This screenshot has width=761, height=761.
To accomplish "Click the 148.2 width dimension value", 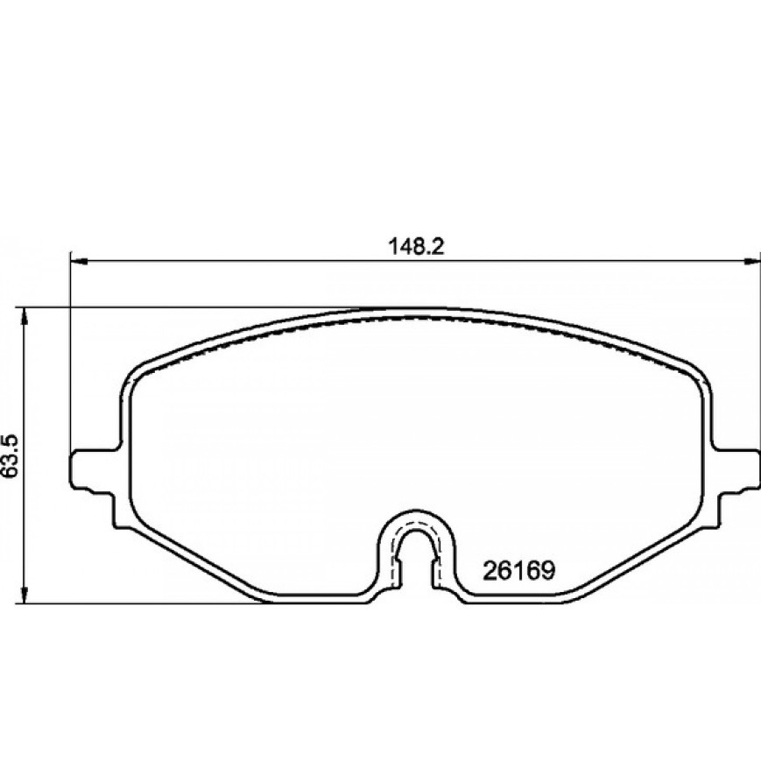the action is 417,248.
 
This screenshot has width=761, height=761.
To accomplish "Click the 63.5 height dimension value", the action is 11,455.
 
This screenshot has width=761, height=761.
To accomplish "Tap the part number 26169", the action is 518,571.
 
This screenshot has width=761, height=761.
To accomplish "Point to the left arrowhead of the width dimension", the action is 79,262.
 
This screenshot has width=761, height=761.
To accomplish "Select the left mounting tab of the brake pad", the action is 92,469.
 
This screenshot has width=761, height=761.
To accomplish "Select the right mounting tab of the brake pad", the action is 736,469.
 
